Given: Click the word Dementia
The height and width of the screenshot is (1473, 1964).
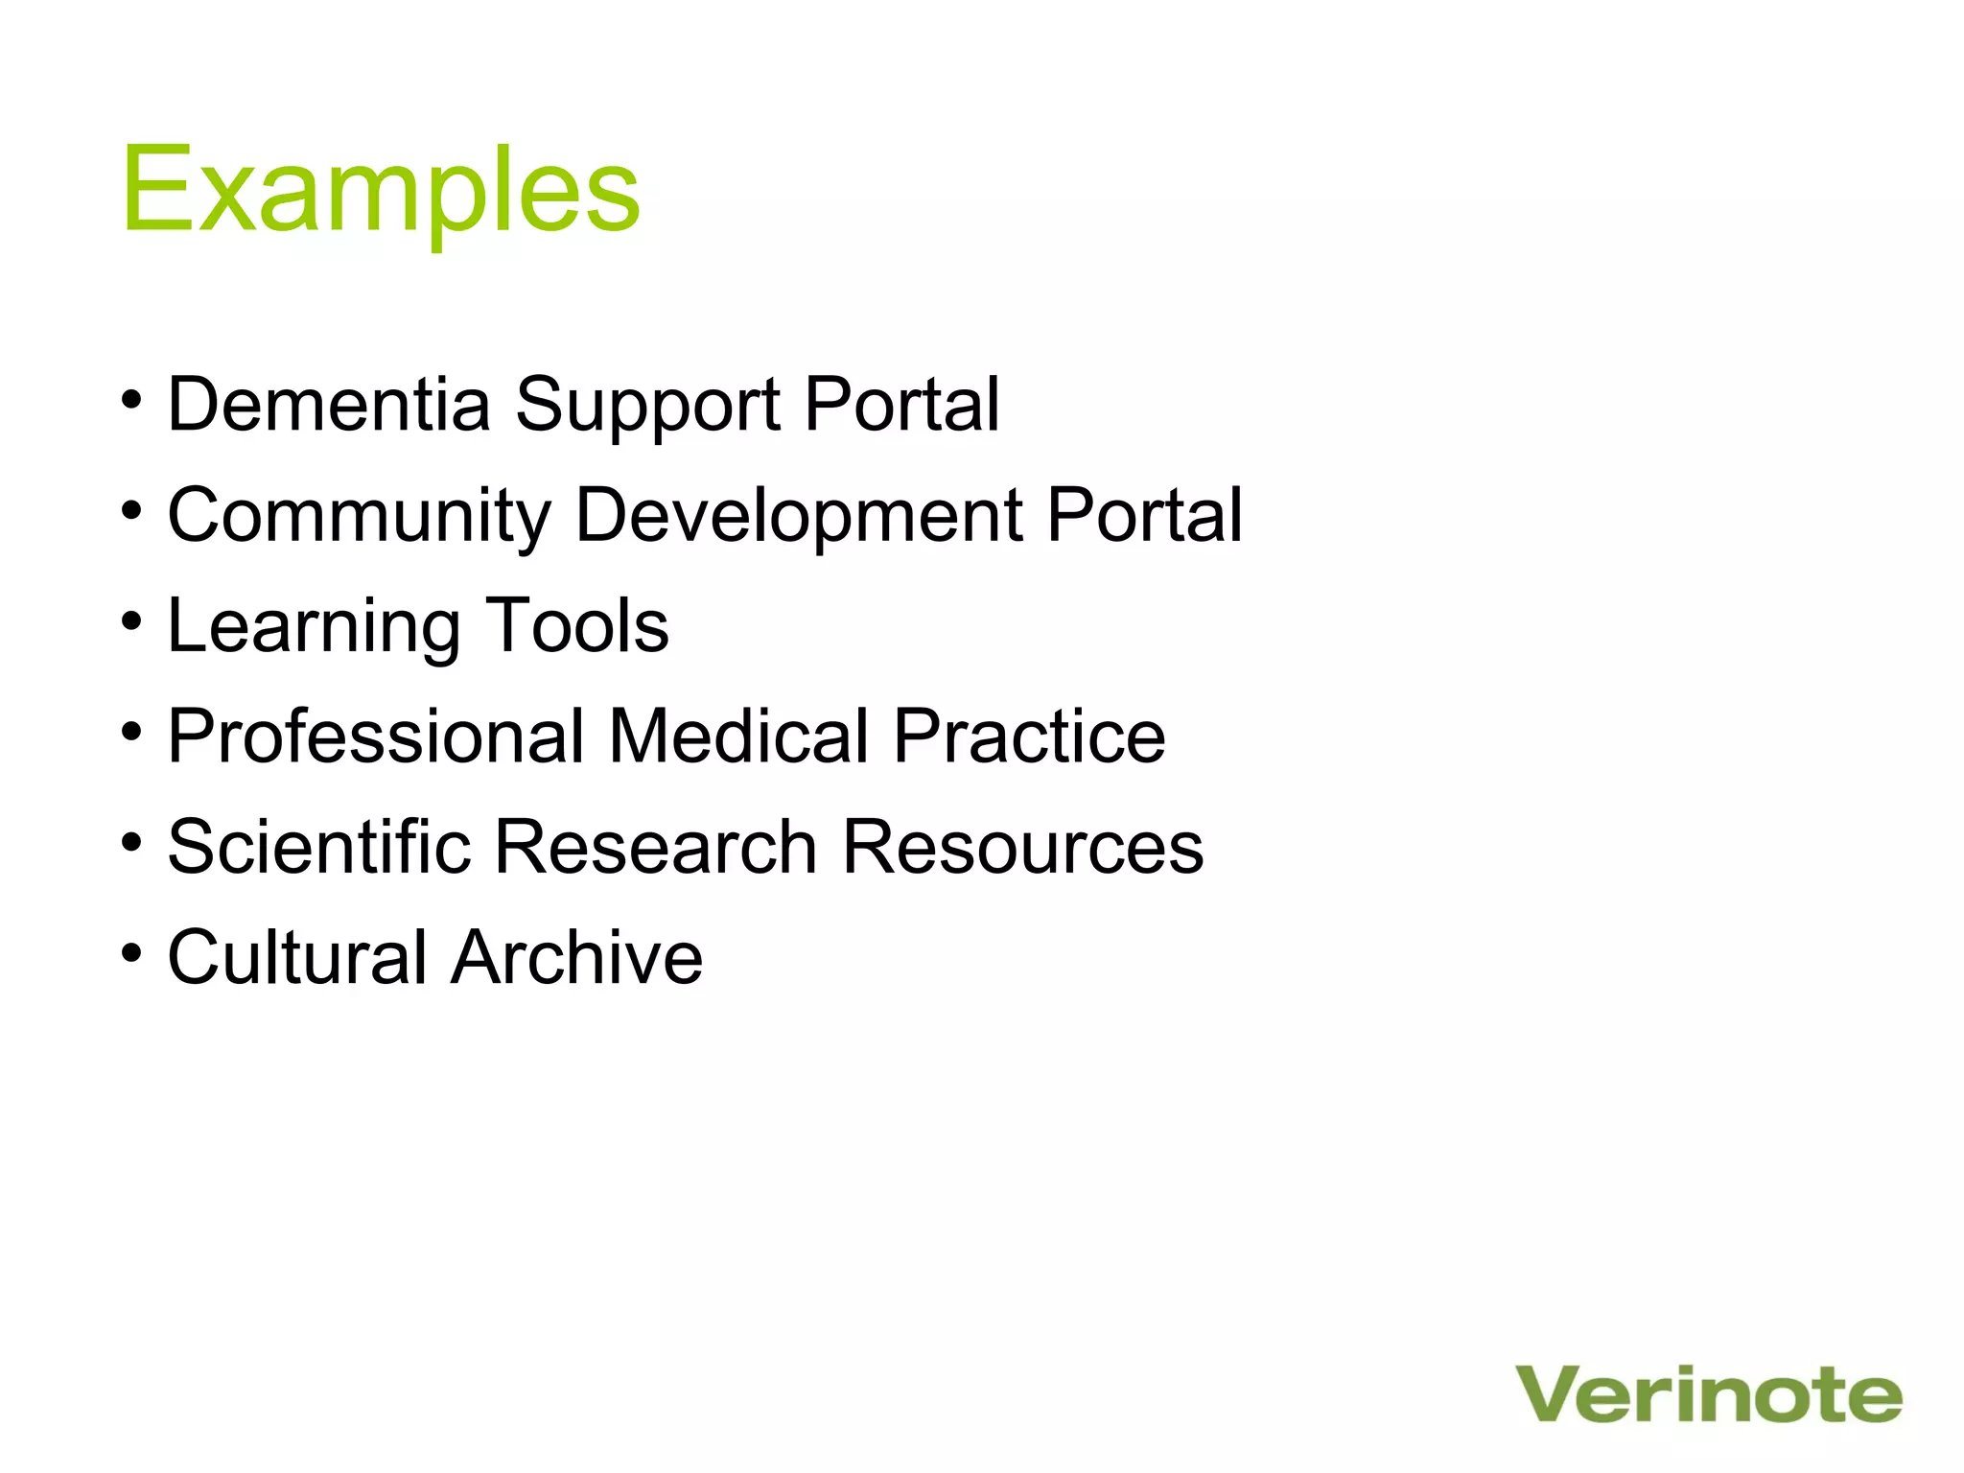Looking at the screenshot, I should tap(329, 404).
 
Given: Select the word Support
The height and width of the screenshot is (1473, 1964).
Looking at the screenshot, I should tap(648, 406).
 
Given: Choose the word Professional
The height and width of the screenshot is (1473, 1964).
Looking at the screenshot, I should tap(376, 736).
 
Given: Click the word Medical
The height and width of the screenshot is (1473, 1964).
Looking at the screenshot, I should tap(738, 736).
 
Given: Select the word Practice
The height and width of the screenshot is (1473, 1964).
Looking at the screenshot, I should tap(1029, 736).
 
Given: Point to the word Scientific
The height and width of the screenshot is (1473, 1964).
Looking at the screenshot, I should tap(319, 846).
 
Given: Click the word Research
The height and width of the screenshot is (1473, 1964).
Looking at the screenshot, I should tap(655, 846).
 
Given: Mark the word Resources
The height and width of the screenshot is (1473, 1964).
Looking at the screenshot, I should tap(1022, 846).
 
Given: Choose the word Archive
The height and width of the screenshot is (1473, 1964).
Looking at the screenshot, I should tap(577, 956).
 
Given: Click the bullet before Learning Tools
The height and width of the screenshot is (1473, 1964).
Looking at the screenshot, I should tap(132, 620).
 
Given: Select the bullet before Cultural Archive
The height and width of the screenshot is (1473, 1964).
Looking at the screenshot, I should tap(132, 951).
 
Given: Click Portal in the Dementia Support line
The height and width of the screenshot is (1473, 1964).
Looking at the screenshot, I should tap(901, 404).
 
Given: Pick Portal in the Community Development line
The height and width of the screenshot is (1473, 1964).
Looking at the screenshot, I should tap(1144, 515).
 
